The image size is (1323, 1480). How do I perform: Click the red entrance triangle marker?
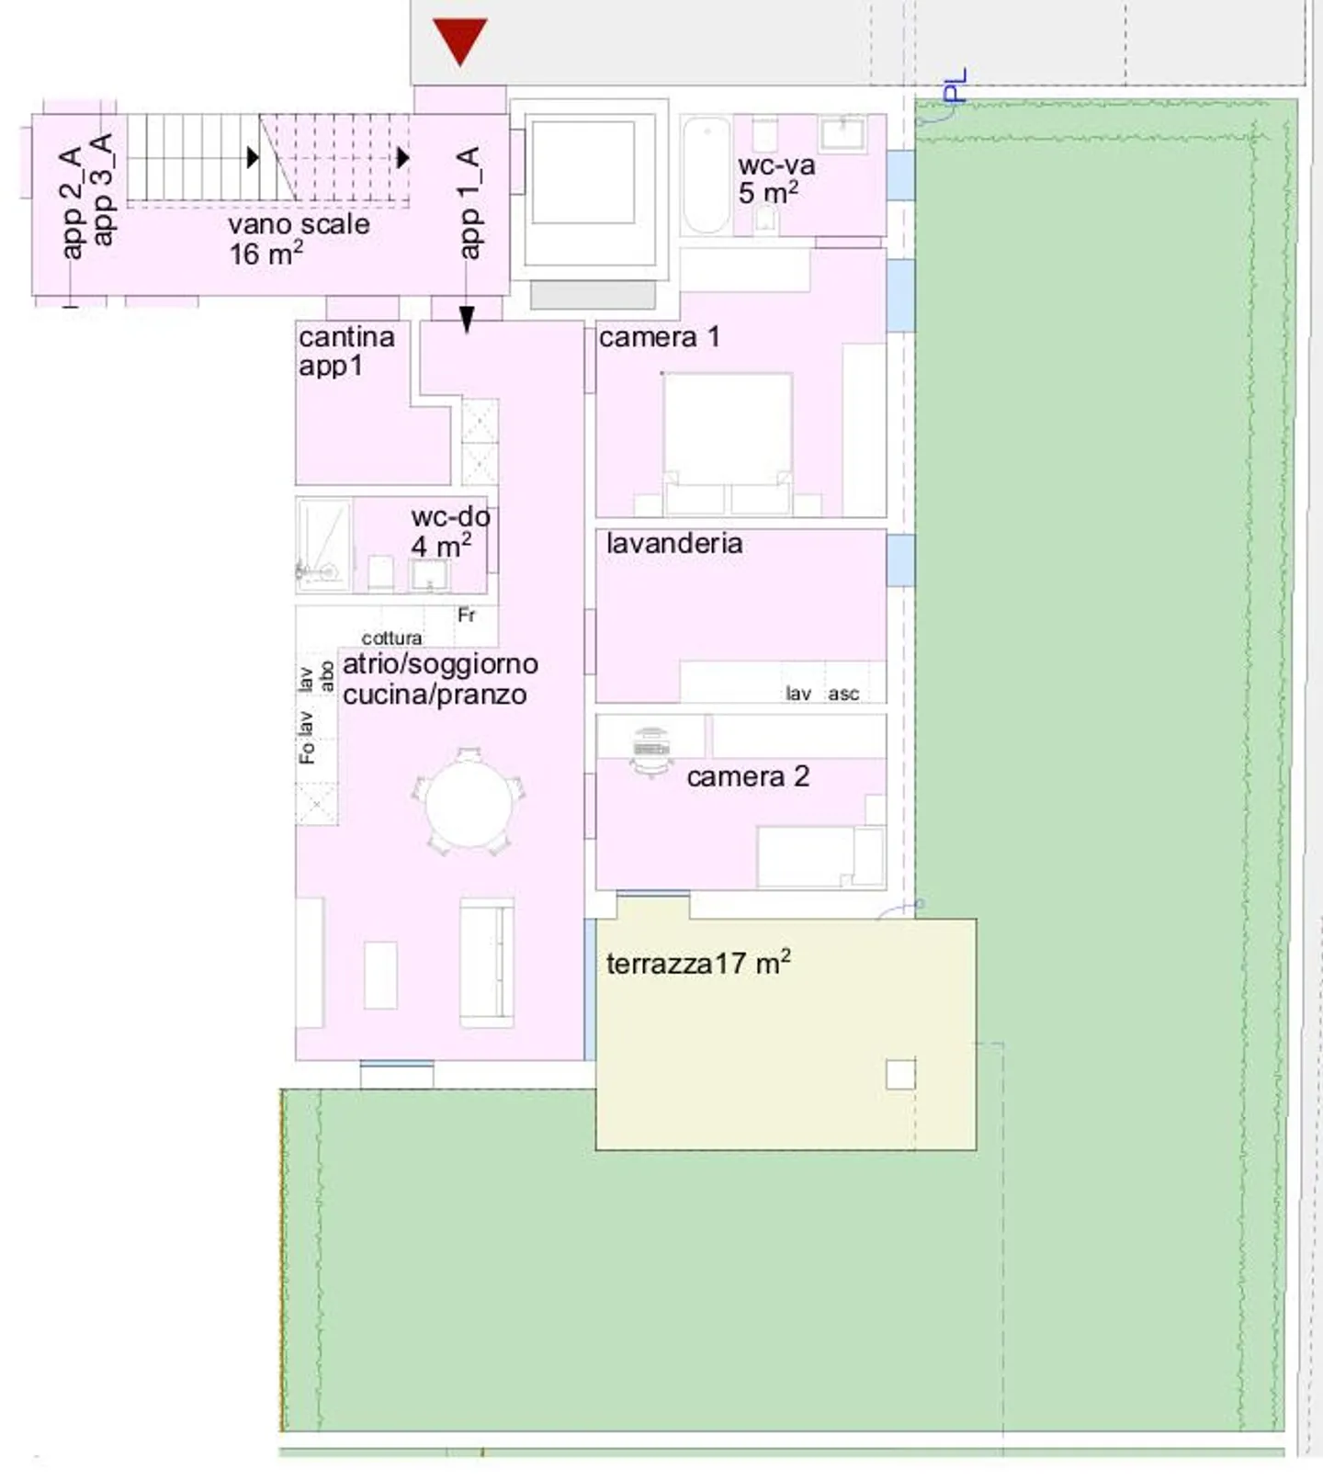click(x=459, y=40)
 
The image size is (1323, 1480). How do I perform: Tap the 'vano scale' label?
click(x=299, y=225)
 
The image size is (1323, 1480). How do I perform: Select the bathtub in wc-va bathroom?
click(x=707, y=175)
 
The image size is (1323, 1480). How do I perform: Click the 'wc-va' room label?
click(x=776, y=166)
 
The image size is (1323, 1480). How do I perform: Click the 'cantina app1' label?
click(x=345, y=351)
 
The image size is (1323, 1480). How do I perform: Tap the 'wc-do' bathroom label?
click(x=450, y=517)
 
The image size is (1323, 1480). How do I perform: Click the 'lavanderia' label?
click(x=674, y=543)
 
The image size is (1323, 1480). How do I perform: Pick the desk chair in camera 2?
click(x=652, y=751)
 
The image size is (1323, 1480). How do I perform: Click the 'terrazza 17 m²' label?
click(x=698, y=964)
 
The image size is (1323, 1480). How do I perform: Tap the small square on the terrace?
click(x=900, y=1074)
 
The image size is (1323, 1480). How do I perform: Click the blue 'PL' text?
click(x=955, y=85)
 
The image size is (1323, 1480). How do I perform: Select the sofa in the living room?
click(x=486, y=961)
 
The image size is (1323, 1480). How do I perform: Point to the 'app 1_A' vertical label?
click(x=469, y=202)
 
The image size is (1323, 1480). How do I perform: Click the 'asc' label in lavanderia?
click(x=843, y=695)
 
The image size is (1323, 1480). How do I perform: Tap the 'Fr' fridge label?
click(x=467, y=615)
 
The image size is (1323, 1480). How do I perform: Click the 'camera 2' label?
click(x=748, y=777)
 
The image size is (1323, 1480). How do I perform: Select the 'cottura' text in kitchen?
click(x=391, y=638)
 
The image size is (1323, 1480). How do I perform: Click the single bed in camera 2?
click(x=818, y=856)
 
